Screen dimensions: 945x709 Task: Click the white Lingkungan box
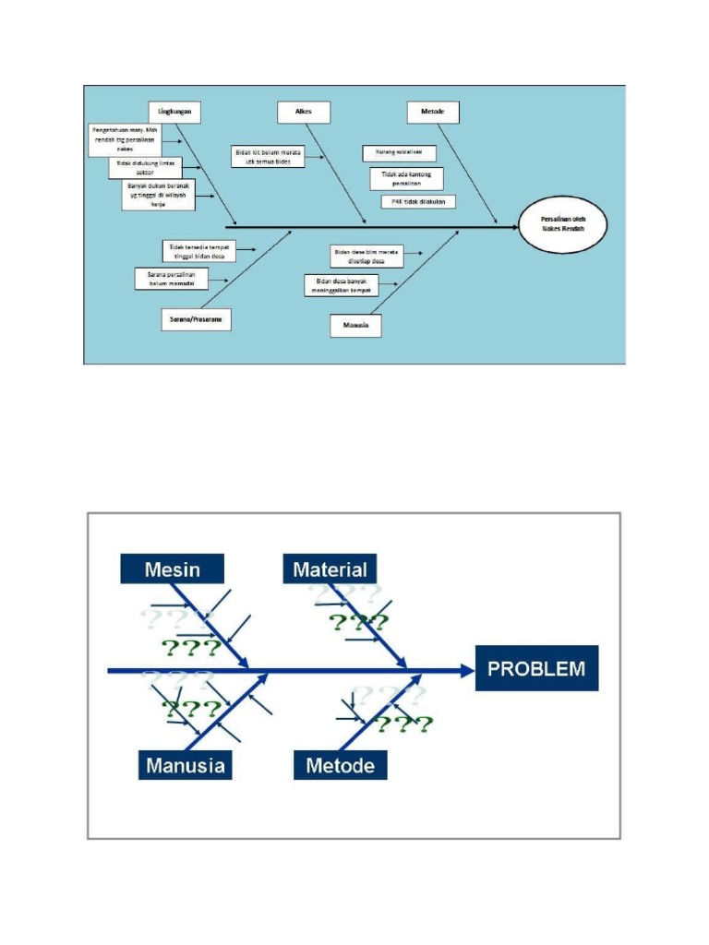tap(174, 112)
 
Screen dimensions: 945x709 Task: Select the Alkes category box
tap(304, 112)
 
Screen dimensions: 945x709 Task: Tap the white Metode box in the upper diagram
tap(433, 112)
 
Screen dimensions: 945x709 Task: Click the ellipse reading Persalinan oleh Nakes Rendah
tap(563, 223)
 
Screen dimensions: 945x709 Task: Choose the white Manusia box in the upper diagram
tap(355, 326)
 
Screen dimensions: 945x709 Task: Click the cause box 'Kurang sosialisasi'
tap(399, 153)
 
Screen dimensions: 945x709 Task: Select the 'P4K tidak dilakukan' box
tap(418, 201)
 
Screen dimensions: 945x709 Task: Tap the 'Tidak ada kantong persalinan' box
tap(406, 178)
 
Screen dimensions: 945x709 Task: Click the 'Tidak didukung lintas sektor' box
tap(146, 167)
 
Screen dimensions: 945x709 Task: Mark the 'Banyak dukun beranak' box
tap(158, 196)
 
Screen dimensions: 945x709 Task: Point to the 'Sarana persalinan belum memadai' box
tap(172, 278)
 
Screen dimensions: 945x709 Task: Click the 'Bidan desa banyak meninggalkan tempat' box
tap(341, 284)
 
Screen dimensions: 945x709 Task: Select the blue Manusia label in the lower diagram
tap(185, 765)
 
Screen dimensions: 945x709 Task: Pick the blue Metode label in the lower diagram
tap(340, 765)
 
